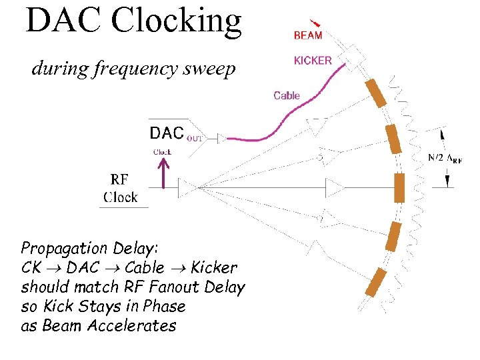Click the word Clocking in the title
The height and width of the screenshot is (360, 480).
click(176, 21)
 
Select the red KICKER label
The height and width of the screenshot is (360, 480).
click(313, 61)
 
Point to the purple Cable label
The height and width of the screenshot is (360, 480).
click(287, 95)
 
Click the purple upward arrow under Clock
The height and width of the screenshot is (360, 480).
click(164, 174)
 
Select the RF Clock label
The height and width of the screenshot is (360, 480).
click(120, 188)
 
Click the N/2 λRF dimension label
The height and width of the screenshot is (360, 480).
click(445, 158)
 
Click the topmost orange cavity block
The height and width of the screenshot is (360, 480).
click(376, 93)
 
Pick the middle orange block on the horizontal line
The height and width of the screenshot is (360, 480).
click(399, 187)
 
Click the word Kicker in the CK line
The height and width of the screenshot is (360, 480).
click(213, 268)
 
